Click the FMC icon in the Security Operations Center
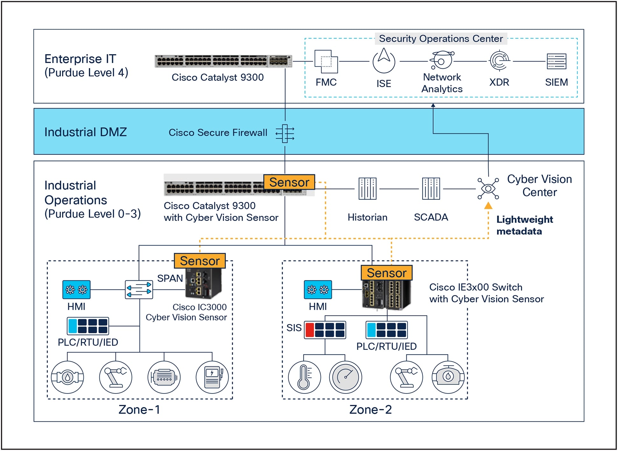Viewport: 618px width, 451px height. [x=326, y=61]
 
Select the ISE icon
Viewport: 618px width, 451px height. [x=384, y=61]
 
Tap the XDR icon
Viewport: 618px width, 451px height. [x=499, y=60]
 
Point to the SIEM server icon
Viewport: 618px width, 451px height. [x=556, y=61]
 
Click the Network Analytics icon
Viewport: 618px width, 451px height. [x=442, y=60]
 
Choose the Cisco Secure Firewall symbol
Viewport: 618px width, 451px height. [x=285, y=133]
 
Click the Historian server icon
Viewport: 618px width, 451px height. [x=367, y=189]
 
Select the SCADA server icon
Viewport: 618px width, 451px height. [x=431, y=189]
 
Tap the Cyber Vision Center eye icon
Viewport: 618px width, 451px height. [x=488, y=189]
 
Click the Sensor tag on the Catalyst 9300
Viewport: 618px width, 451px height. [x=289, y=182]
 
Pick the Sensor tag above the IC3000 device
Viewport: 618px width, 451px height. [x=200, y=261]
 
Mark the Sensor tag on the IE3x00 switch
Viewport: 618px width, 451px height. [x=387, y=273]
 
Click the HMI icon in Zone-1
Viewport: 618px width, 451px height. [x=76, y=290]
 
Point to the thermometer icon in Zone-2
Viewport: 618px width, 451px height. [x=304, y=377]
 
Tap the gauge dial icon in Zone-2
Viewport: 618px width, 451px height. [x=345, y=377]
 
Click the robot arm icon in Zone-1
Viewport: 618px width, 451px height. [x=116, y=377]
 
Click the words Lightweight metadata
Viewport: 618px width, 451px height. [x=524, y=225]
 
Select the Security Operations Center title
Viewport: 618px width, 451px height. [x=441, y=39]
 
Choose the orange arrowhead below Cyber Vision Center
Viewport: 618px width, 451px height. [x=488, y=206]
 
